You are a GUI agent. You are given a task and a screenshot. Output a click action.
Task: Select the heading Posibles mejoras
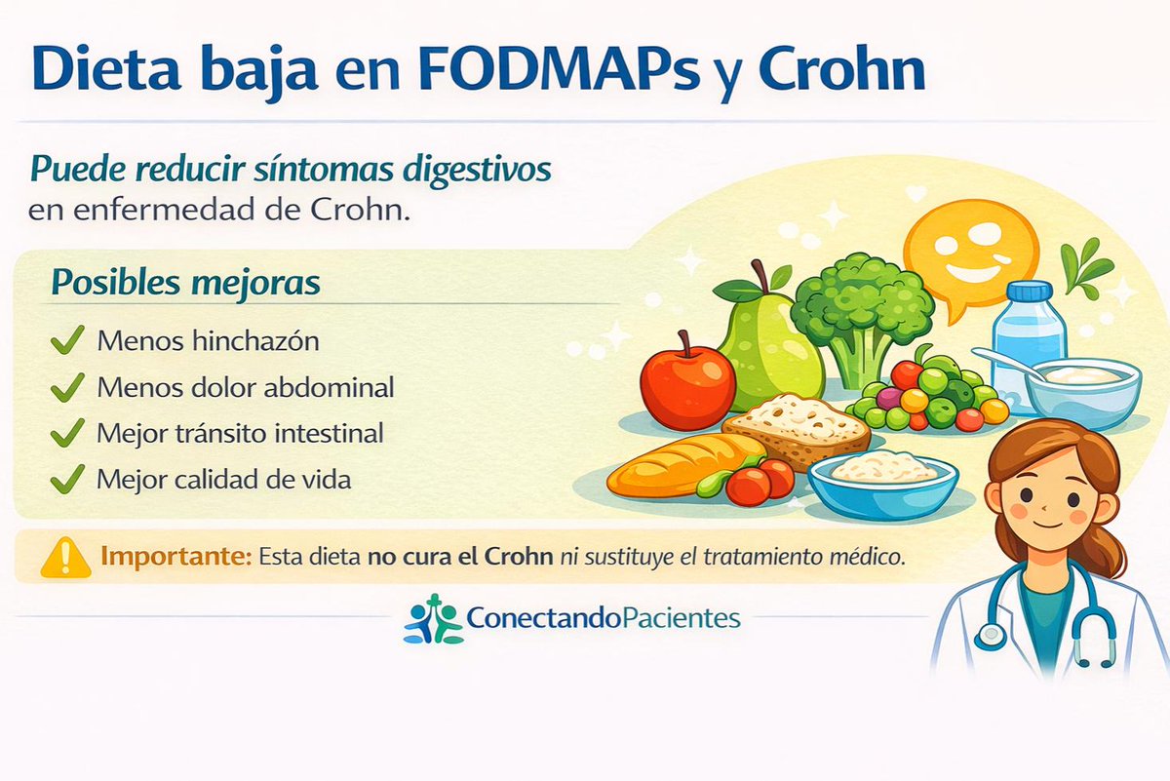(185, 282)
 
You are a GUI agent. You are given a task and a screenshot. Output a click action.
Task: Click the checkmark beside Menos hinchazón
(66, 341)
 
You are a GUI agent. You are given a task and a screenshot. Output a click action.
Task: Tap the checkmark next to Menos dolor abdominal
(66, 387)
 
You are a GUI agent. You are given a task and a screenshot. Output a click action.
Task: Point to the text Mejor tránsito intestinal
(240, 433)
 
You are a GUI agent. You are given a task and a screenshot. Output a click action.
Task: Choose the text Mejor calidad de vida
(223, 480)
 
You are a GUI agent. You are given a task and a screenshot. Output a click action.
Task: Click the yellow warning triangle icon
(60, 557)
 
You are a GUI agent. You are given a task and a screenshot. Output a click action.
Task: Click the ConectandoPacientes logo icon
(432, 618)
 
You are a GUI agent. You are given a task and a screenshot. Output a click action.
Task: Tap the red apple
(687, 382)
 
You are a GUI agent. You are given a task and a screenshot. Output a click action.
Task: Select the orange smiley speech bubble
(969, 250)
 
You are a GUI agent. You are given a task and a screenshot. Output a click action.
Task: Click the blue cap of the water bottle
(1029, 292)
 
